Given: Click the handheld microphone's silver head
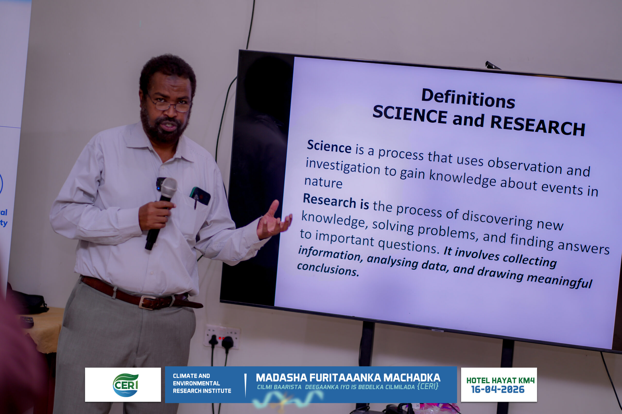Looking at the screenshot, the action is pyautogui.click(x=168, y=187).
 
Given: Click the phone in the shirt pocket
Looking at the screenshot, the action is pyautogui.click(x=200, y=196).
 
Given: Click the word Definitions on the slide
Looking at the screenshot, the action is pyautogui.click(x=468, y=98).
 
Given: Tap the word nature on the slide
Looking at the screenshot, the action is pyautogui.click(x=323, y=182).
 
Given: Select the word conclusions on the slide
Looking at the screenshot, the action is pyautogui.click(x=328, y=269).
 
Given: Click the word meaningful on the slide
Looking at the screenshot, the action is pyautogui.click(x=560, y=281).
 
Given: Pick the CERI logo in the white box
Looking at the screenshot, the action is pyautogui.click(x=126, y=385).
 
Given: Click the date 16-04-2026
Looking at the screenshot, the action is pyautogui.click(x=498, y=390).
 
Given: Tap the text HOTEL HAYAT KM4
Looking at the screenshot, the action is pyautogui.click(x=500, y=381).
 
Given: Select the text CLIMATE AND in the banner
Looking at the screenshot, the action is pyautogui.click(x=191, y=376).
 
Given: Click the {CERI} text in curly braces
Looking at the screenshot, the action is pyautogui.click(x=428, y=386).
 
